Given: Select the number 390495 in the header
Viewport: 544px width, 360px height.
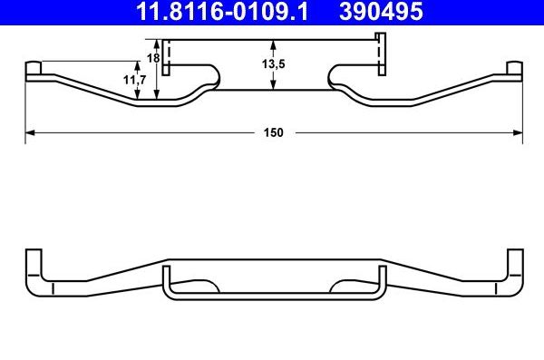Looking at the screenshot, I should coord(382,12).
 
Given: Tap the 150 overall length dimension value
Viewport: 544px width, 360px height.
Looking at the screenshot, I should coord(274,132).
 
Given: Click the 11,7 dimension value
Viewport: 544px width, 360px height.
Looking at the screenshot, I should coord(134,81).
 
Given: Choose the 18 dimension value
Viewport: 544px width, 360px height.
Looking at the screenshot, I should coord(152,58).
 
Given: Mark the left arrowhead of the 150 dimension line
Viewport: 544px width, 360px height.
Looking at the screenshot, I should coord(29,132).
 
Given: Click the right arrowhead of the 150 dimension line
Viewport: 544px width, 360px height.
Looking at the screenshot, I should coord(519,132).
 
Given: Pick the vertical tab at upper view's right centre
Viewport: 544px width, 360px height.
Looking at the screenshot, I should coord(381,54).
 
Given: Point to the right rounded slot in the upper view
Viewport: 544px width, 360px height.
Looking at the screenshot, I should coord(348,76).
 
